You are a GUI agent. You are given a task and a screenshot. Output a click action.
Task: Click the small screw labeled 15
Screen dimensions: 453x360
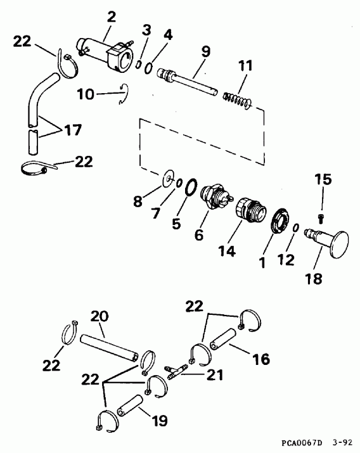(x=322, y=218)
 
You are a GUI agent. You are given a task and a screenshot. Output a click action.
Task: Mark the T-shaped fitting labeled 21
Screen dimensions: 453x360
(x=178, y=373)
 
